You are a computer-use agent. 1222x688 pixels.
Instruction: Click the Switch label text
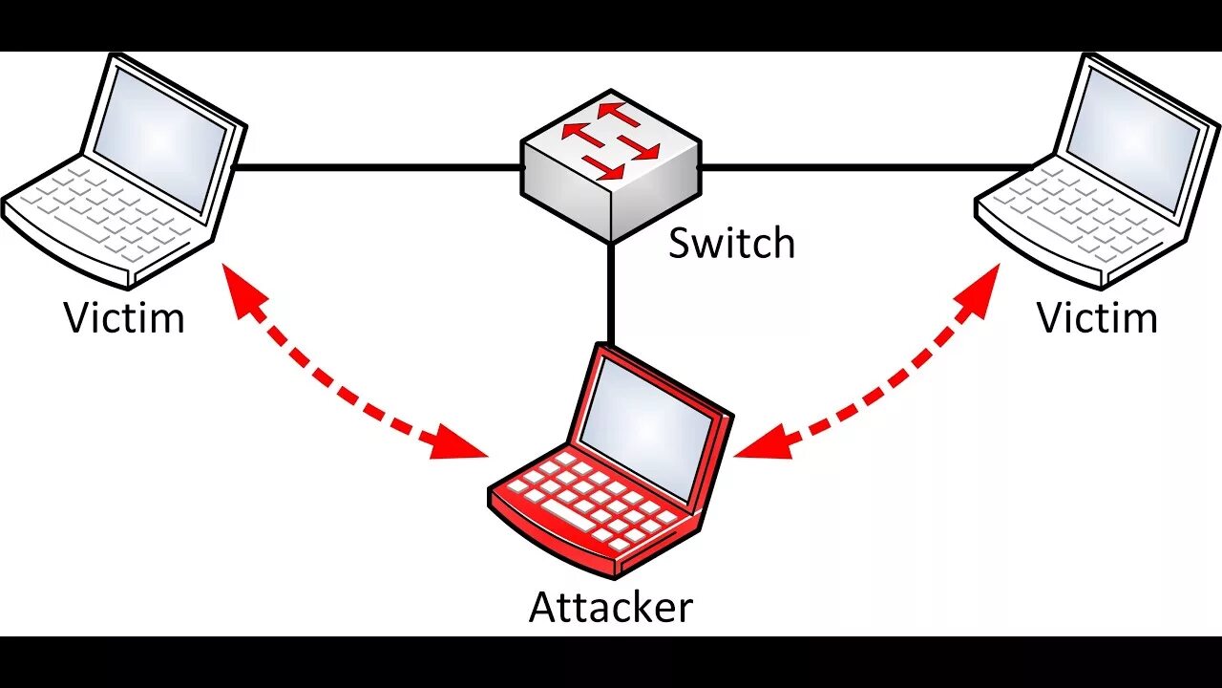(x=731, y=244)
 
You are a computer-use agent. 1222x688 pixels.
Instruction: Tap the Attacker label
(x=611, y=608)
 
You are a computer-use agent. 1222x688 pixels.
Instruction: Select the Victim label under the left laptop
(x=124, y=318)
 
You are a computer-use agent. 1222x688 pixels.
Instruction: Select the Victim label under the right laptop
(x=1097, y=318)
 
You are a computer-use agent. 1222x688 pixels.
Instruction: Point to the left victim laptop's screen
(x=158, y=138)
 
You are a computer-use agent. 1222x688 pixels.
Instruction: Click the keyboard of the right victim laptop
(x=1079, y=215)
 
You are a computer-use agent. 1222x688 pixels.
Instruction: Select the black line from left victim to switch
(x=377, y=167)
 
